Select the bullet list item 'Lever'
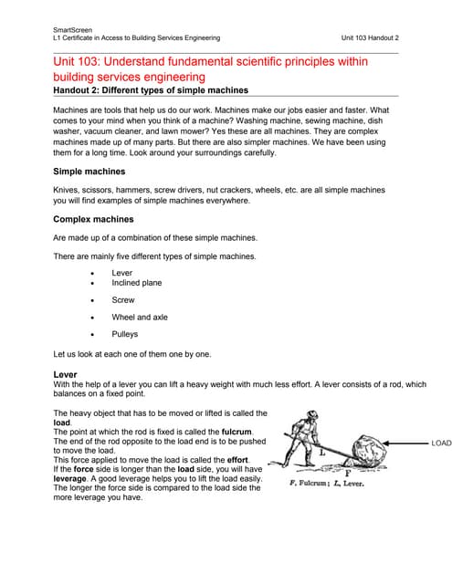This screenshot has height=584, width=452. [121, 273]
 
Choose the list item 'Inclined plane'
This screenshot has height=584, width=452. [136, 283]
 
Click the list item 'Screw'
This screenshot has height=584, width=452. [123, 300]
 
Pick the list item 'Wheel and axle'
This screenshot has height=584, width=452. [139, 318]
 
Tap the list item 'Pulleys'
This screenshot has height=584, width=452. [125, 335]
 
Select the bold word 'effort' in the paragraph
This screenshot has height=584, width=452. [237, 460]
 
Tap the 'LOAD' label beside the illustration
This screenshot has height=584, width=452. [440, 443]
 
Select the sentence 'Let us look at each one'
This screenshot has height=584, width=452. [132, 354]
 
